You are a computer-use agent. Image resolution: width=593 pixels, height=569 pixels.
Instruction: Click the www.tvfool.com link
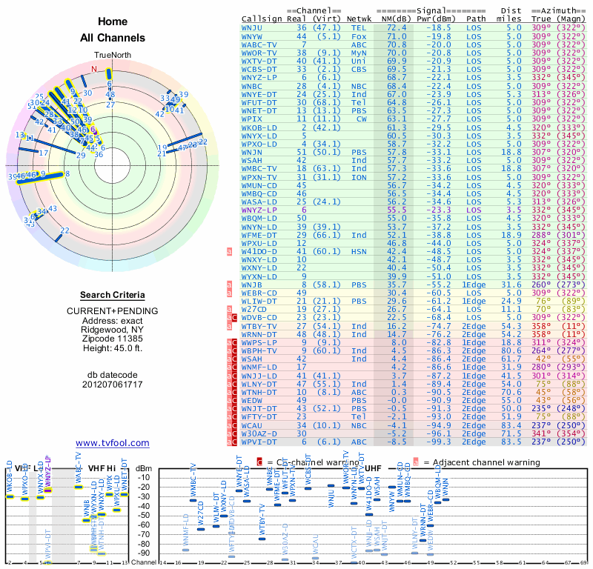coord(113,443)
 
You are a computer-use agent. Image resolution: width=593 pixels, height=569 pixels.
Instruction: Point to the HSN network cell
coord(359,251)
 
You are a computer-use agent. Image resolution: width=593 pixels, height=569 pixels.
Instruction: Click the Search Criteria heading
coord(113,295)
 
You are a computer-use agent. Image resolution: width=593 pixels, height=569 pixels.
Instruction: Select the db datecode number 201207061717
coord(113,384)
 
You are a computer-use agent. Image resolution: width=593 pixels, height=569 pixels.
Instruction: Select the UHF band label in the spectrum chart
coord(373,468)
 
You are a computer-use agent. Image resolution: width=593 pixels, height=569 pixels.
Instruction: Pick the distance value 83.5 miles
coord(514,442)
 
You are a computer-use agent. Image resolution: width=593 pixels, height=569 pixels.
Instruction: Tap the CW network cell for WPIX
coord(361,119)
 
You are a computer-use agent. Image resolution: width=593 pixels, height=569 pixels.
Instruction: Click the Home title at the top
coord(113,22)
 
